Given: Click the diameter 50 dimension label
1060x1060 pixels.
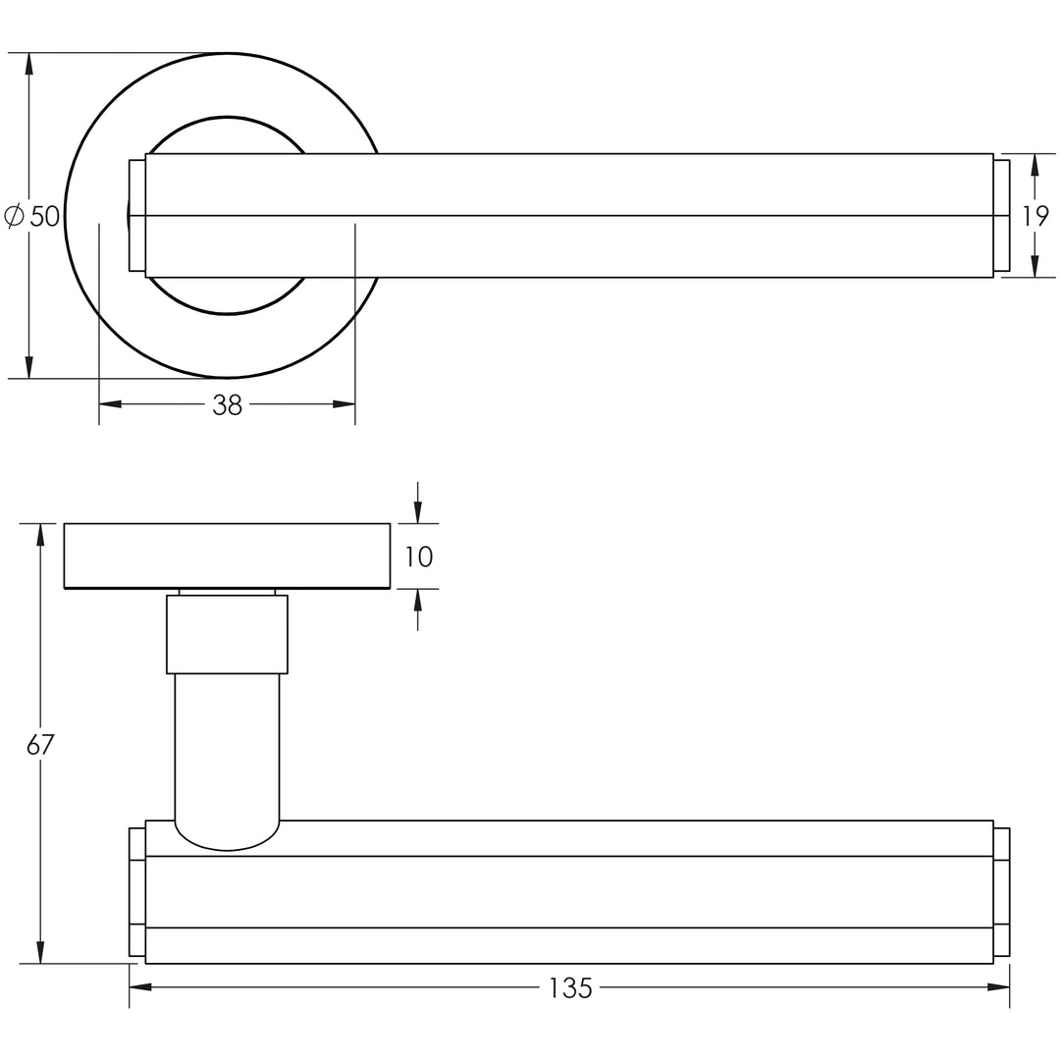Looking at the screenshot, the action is [x=32, y=216].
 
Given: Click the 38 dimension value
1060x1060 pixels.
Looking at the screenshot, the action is [x=227, y=405].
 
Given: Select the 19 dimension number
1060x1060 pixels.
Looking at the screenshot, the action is [x=1035, y=216].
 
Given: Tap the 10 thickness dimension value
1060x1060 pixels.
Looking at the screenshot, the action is [x=418, y=556].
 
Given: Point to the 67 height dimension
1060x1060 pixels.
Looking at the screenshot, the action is [x=40, y=744].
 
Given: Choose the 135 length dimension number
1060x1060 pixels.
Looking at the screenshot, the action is [x=570, y=988].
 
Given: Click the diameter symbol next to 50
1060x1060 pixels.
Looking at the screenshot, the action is [x=14, y=216].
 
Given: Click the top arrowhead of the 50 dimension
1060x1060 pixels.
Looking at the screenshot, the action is [x=28, y=64].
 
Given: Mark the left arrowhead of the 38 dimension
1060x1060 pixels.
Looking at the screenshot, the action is [x=110, y=404].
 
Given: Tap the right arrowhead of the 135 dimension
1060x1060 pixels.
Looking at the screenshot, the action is [x=998, y=987].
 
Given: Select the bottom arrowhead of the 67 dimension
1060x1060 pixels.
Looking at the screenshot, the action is [x=40, y=952].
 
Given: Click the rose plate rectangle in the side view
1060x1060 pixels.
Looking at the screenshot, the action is [x=227, y=556].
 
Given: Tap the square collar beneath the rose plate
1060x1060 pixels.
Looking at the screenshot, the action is [x=227, y=634].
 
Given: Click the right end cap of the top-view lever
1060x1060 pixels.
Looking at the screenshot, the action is [x=1001, y=216].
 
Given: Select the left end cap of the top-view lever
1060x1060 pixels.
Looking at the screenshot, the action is [x=137, y=216].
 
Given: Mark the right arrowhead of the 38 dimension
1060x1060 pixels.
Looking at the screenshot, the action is [x=344, y=404].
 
